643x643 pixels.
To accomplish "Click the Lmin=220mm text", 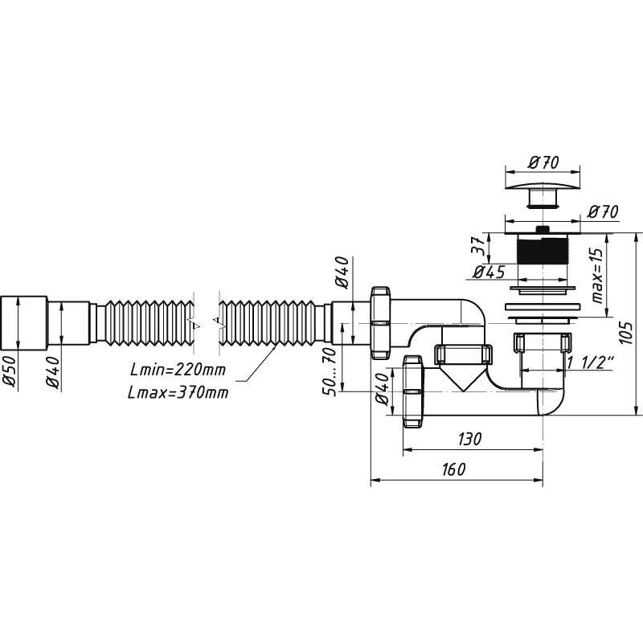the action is point(178,370).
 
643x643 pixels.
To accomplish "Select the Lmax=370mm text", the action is point(178,392).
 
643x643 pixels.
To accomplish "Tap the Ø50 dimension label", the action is point(10,371).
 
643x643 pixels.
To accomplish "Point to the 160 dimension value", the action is point(454,469).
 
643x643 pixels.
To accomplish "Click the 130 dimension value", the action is point(469,439).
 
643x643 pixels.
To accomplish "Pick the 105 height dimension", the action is point(625,332).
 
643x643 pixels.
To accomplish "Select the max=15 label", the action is point(598,276).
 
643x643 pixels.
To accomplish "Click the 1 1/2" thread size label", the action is point(590,362).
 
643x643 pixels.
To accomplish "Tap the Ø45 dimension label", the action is point(489,272).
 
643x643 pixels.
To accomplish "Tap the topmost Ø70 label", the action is point(543,163).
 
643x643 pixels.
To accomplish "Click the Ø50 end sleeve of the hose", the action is point(25,323).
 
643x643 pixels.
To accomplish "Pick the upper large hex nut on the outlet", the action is point(381,323).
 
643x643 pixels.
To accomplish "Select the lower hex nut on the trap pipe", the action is point(412,391).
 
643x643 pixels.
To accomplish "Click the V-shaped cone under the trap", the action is point(463,378).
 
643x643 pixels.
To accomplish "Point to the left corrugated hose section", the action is point(149,323).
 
